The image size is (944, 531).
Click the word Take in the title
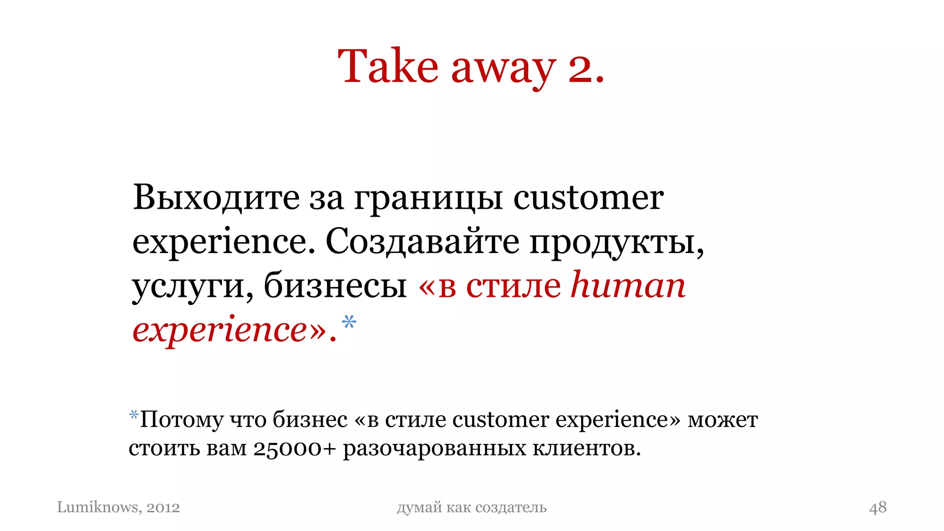pyautogui.click(x=388, y=67)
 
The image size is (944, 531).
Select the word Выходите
pyautogui.click(x=216, y=198)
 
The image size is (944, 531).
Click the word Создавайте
pyautogui.click(x=422, y=242)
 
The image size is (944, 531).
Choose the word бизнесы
pyautogui.click(x=335, y=286)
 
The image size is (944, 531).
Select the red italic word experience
pyautogui.click(x=219, y=330)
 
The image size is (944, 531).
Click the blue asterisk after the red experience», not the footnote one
pyautogui.click(x=349, y=322)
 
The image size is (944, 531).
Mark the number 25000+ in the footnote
pyautogui.click(x=295, y=448)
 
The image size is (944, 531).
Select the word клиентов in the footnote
pyautogui.click(x=586, y=448)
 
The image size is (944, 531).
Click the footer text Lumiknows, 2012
pyautogui.click(x=118, y=507)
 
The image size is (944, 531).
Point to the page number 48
pyautogui.click(x=878, y=507)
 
